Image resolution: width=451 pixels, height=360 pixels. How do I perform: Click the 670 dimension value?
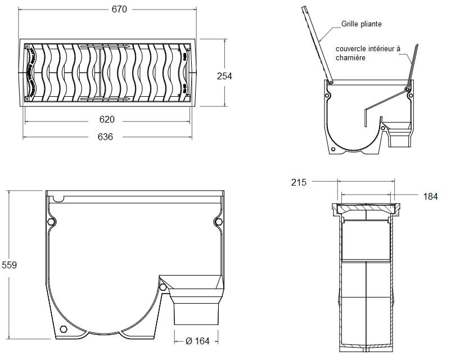click(119, 9)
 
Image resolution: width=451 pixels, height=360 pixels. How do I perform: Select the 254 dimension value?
click(224, 76)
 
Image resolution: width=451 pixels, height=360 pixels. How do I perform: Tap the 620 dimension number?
click(107, 119)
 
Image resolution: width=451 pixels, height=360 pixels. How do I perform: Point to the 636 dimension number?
click(105, 137)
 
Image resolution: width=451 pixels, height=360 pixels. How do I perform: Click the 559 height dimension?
click(10, 265)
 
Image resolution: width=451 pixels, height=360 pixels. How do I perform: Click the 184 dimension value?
click(430, 196)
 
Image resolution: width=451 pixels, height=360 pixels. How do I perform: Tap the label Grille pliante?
click(362, 24)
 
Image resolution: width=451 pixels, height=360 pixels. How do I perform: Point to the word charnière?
click(351, 58)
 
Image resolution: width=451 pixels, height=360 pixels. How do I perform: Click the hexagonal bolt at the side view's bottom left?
click(62, 328)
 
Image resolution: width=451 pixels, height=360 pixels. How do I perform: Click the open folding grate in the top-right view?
click(315, 42)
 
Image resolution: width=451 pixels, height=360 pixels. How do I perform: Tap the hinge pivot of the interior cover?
click(408, 89)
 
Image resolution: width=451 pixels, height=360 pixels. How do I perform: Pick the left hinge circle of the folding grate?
click(331, 82)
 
